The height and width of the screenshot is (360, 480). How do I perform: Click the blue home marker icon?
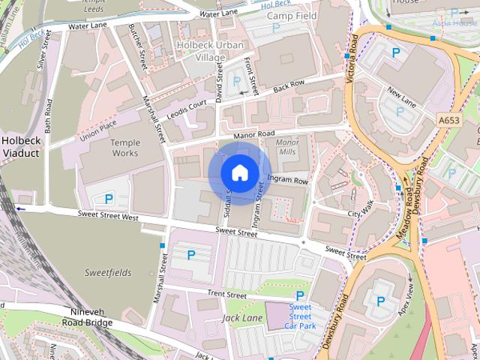pos(239,173)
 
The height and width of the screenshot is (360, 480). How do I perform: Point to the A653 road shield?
pos(449,119)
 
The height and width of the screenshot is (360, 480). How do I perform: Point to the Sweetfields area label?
pos(107,271)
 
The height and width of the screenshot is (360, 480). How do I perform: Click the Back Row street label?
pos(289,85)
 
